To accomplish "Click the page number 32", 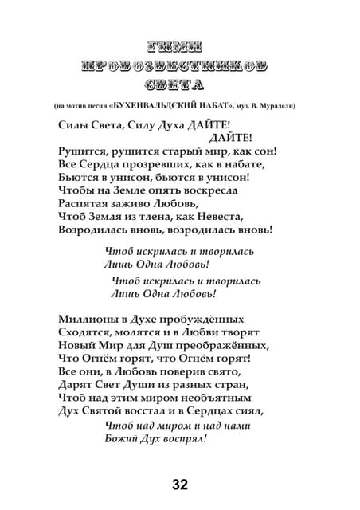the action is point(180,484).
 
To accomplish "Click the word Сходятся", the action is point(83,332).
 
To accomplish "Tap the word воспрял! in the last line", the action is point(184,438).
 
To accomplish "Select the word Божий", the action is point(121,438).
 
